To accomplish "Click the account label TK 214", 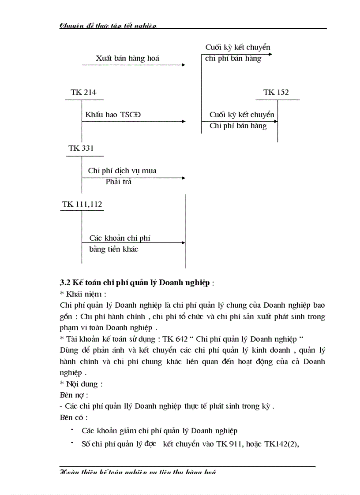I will [83, 92].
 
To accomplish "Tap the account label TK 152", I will [276, 92].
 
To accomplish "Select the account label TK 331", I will [81, 148].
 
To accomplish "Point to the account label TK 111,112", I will [82, 204].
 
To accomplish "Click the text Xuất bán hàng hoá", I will [127, 58].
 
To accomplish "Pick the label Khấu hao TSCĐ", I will [113, 115].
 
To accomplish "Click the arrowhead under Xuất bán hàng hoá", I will [183, 65].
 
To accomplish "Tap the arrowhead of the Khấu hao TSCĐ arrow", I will [183, 122].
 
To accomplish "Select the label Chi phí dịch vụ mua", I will [122, 171].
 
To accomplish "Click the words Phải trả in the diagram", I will [119, 182].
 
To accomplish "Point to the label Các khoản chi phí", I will [120, 238].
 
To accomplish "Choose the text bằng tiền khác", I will [114, 249].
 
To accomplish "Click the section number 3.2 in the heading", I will [65, 283].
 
